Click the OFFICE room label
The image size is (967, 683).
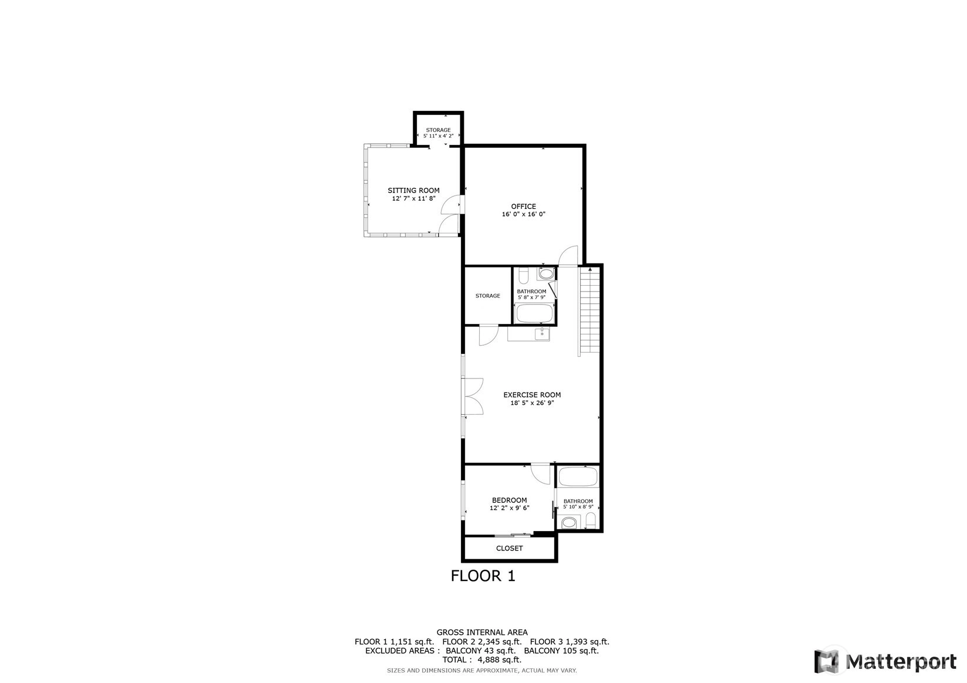524,207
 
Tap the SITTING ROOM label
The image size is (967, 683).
413,191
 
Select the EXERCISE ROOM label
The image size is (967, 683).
533,395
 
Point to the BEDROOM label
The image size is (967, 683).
510,501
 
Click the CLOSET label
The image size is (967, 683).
510,549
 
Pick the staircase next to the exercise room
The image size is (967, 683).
590,310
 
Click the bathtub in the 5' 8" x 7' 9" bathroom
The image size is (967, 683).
534,313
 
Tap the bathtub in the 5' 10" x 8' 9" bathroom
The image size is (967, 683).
578,477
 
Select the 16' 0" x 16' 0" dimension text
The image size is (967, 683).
524,214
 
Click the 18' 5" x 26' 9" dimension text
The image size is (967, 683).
533,403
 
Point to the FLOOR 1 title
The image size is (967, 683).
483,576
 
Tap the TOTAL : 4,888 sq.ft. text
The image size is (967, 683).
482,660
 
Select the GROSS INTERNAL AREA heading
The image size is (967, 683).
482,633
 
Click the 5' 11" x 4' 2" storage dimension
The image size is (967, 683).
439,136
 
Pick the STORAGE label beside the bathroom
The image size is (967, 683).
488,296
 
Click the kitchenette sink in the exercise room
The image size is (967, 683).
542,334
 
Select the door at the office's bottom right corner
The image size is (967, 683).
568,256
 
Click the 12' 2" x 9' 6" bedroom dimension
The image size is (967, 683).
510,508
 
